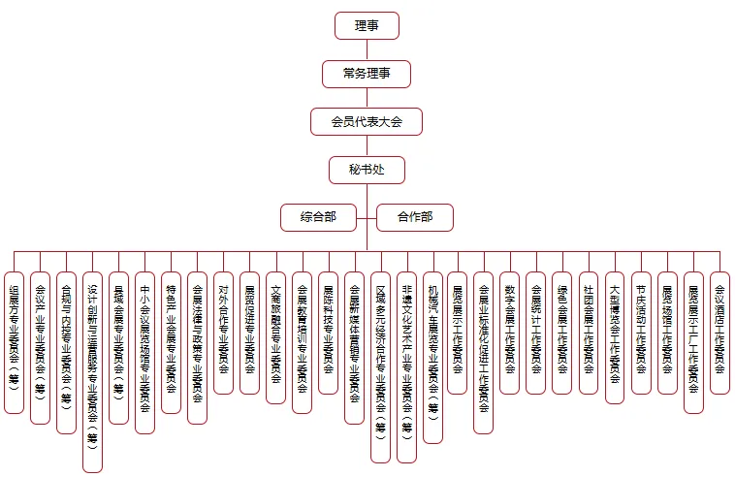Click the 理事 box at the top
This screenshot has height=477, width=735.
point(367,26)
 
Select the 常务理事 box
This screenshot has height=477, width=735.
point(367,74)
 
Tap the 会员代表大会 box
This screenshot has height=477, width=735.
point(367,121)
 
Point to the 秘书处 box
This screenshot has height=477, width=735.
point(367,169)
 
